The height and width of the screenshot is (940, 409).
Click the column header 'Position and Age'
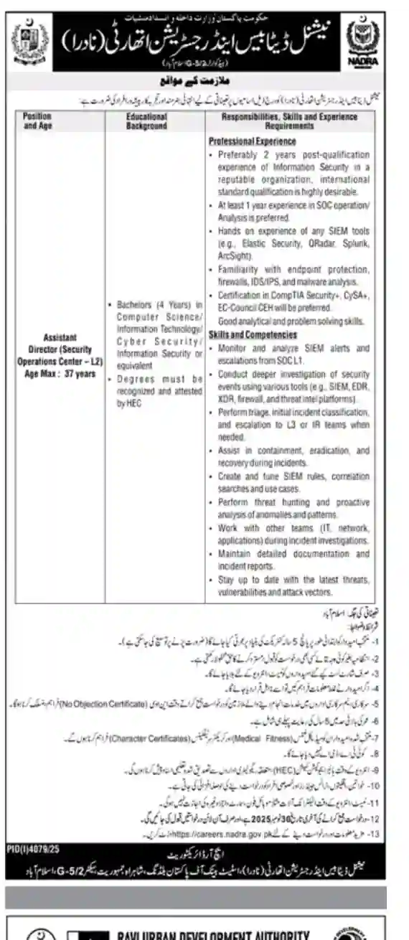coord(37,119)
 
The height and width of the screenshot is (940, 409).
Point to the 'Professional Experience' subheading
coord(252,141)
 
